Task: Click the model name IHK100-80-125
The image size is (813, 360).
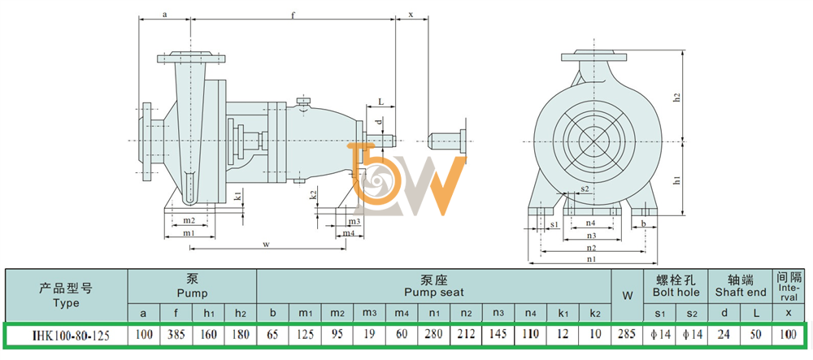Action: click(x=67, y=335)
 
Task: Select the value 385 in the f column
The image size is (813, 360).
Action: click(x=176, y=335)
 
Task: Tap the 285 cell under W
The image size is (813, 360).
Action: click(x=627, y=335)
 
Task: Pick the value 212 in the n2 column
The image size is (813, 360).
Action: click(x=466, y=335)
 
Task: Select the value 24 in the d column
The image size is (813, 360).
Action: click(x=724, y=335)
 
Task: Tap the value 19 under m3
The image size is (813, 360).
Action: click(x=370, y=335)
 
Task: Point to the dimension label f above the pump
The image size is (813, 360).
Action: click(x=293, y=15)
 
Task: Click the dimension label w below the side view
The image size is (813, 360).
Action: click(x=266, y=244)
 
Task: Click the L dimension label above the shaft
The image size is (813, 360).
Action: click(x=380, y=102)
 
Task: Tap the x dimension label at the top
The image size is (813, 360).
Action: click(x=411, y=15)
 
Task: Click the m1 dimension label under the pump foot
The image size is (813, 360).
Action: click(x=189, y=232)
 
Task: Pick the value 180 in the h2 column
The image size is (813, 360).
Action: click(x=241, y=335)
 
